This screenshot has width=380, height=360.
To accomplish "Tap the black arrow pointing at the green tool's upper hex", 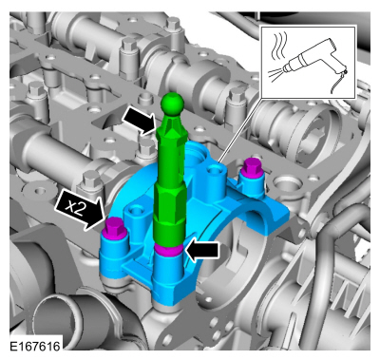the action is point(139,120).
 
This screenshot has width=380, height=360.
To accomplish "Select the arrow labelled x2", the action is point(79,210).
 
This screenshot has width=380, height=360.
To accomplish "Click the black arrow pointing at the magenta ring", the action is point(202,250).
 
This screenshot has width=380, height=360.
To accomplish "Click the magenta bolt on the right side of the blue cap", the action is point(252,170).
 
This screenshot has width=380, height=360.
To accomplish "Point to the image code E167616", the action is point(35,346).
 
